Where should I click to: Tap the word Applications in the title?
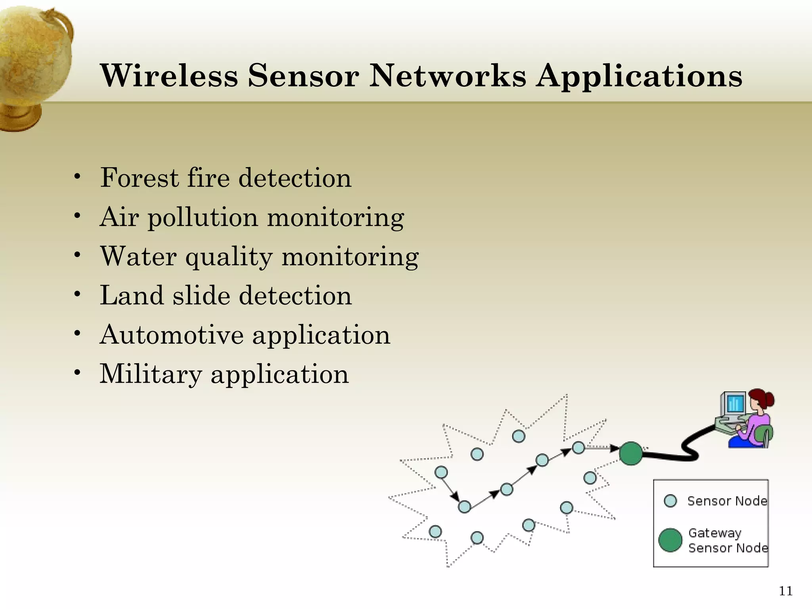639,76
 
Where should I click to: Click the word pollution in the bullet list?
203,218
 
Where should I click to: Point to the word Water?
138,256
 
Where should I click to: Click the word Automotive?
171,335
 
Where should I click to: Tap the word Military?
151,374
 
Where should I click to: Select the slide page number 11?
785,591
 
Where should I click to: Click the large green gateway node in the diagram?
630,453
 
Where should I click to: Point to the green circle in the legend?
670,540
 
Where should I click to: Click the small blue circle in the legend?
670,501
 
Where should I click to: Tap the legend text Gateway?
714,533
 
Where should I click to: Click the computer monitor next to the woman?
734,404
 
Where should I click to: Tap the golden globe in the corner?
34,59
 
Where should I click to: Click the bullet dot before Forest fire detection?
77,177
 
